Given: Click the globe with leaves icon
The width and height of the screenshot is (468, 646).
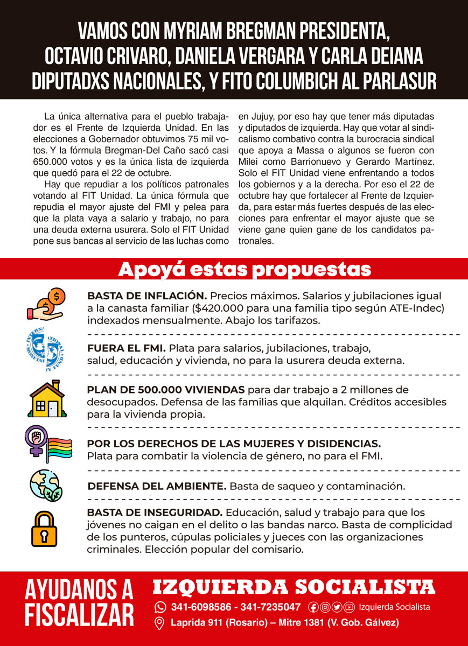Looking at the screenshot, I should click(45, 485).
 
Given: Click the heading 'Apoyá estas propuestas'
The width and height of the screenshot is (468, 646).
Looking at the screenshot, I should click(245, 269).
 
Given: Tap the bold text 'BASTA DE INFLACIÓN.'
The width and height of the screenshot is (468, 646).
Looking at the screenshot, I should click(146, 296).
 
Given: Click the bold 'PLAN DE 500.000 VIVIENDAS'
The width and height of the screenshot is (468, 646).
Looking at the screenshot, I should click(166, 390).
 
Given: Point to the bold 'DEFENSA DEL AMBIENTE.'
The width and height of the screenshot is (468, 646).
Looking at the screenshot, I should click(157, 486).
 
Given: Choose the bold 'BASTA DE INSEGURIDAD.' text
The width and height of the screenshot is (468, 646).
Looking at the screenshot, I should click(155, 512).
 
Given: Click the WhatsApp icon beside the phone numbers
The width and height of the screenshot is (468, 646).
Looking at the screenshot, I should click(160, 607).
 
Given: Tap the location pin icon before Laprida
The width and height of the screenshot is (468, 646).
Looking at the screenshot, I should click(159, 623).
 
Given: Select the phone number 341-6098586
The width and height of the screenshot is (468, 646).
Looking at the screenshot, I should click(202, 607).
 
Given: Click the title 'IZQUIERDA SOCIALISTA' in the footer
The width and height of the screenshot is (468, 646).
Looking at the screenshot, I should click(294, 587).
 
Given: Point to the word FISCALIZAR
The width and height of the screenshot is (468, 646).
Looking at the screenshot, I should click(79, 614).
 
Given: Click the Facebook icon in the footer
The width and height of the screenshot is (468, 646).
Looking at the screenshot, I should click(313, 607).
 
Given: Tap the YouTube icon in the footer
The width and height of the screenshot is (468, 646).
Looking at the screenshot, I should click(349, 607).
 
